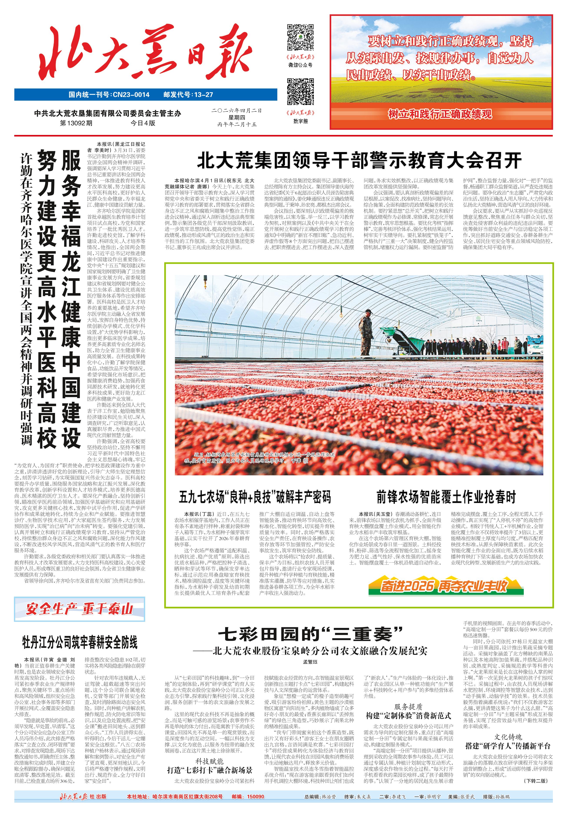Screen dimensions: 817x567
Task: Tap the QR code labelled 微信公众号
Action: [300, 37]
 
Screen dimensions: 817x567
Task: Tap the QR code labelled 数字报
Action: [300, 92]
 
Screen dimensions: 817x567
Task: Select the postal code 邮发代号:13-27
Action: [188, 95]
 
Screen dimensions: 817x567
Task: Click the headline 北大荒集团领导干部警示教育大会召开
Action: [359, 161]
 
